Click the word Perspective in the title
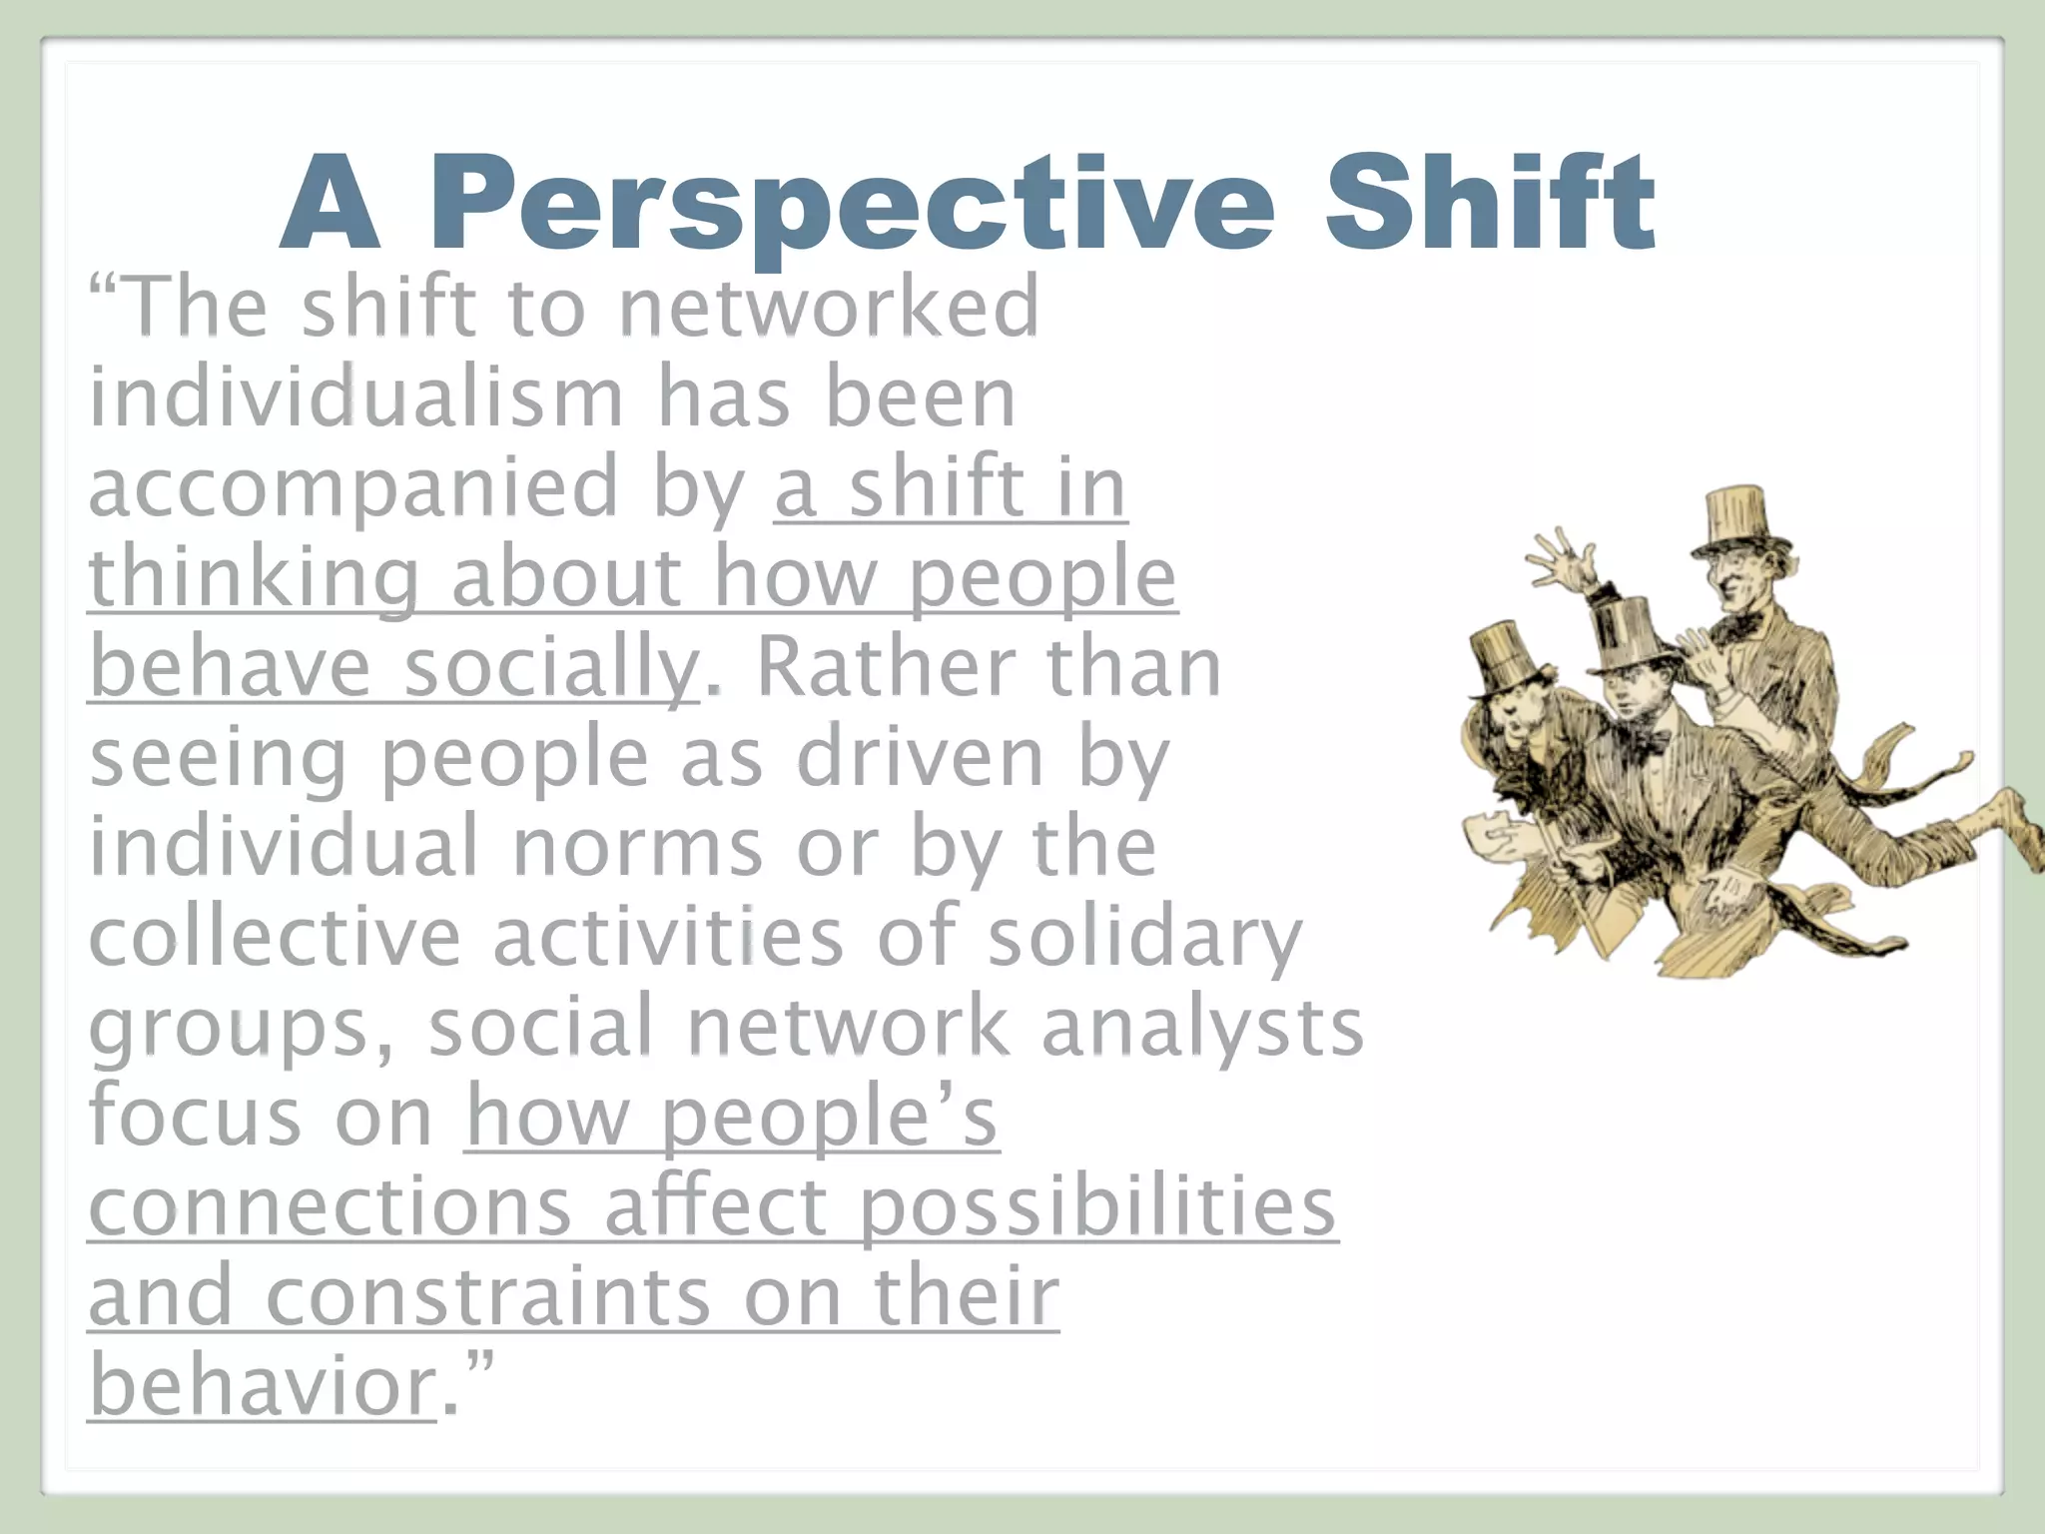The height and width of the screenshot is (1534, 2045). pos(852,205)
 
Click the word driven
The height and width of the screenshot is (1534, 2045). pos(920,758)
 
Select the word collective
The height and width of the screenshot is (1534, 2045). pos(276,938)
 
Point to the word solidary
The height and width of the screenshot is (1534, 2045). pos(1144,938)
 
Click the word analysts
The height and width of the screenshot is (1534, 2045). pos(1202,1028)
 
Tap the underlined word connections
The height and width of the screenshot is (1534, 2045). pos(331,1206)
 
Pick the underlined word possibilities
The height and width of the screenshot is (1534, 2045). pos(1097,1206)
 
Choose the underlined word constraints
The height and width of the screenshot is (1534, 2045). pos(489,1296)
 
